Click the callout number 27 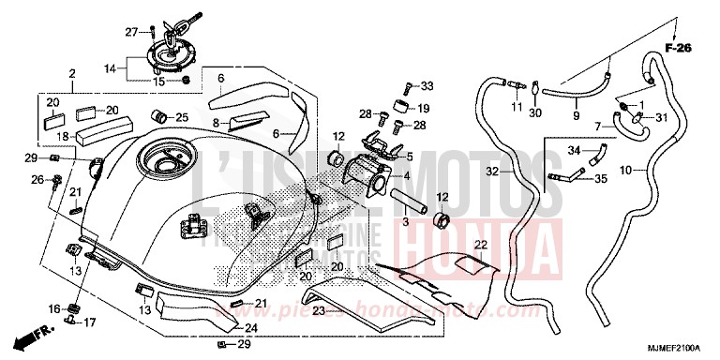(132, 33)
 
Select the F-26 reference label (678, 46)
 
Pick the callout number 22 (480, 245)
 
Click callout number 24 (251, 328)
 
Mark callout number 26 (37, 178)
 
